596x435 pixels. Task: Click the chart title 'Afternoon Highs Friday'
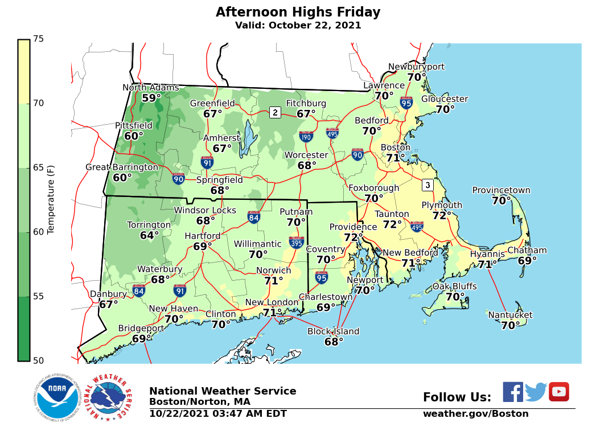298,12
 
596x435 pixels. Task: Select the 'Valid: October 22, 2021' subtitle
298,26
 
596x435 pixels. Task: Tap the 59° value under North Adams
151,98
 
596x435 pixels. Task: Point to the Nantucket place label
510,315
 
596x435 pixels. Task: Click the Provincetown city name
501,191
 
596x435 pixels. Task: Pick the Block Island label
333,331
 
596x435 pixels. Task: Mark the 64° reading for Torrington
150,235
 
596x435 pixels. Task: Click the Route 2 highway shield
275,112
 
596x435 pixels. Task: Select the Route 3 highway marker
428,185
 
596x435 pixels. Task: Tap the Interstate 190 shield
306,137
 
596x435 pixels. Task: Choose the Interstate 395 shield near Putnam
296,242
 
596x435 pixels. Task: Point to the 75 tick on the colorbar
39,39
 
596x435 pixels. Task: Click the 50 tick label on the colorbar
39,360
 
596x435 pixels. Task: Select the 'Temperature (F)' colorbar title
51,198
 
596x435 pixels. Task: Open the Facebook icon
512,392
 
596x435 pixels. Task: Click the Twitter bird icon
536,392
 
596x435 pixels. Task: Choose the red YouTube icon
558,392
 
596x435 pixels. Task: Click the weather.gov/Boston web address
475,414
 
